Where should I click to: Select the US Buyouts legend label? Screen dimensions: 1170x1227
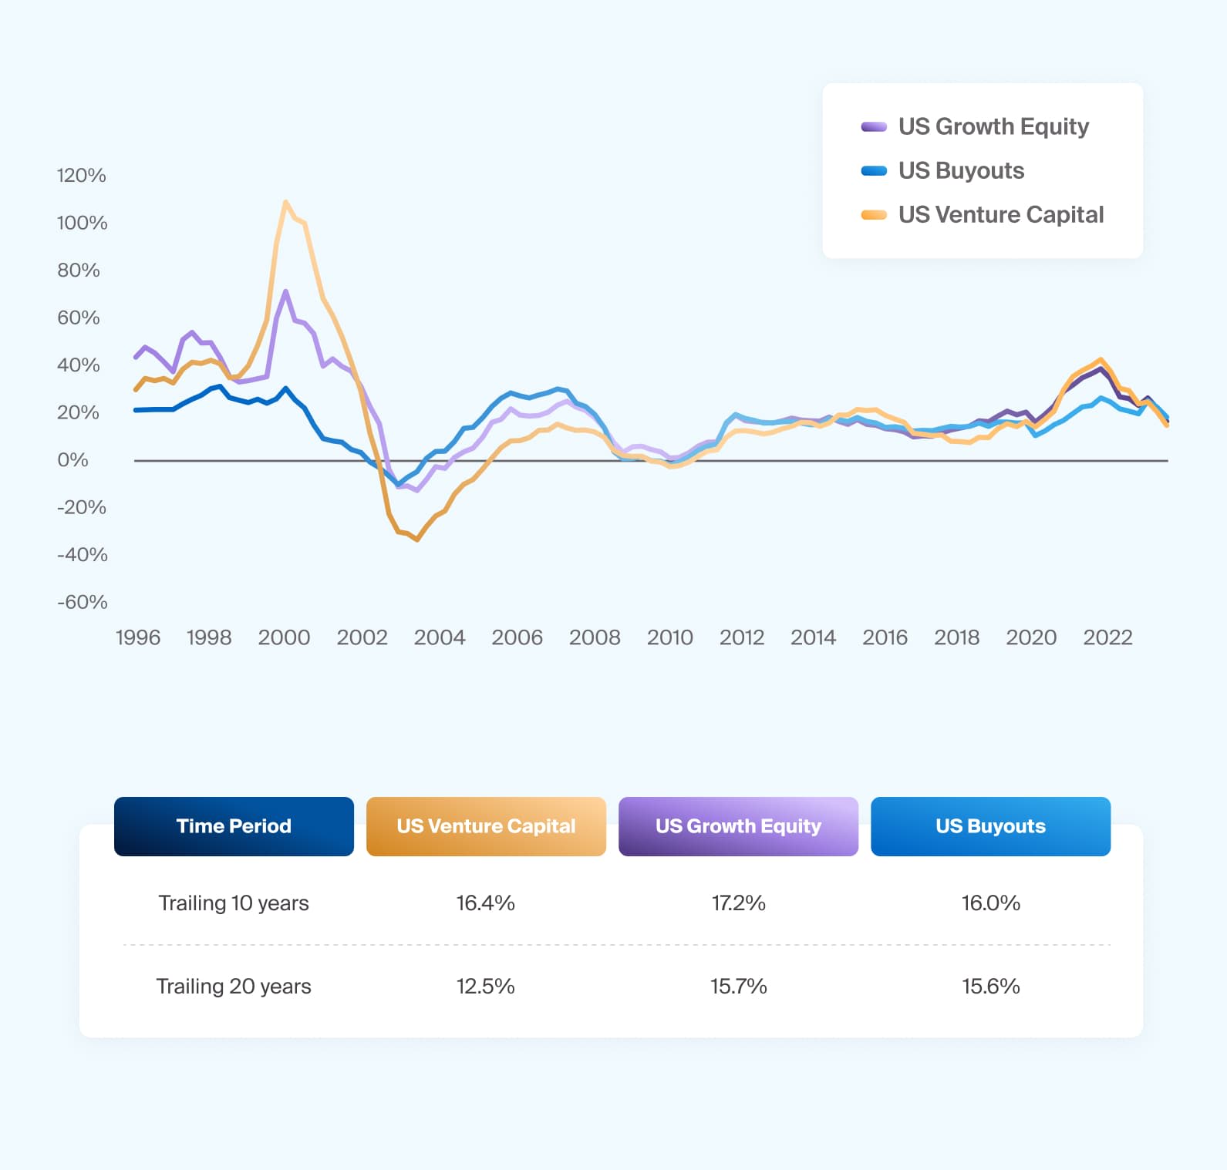pos(961,170)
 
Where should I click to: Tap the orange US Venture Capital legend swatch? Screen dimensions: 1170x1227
pos(874,215)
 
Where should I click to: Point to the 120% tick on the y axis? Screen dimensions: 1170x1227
pos(81,175)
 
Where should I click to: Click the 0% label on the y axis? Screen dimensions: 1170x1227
pos(72,460)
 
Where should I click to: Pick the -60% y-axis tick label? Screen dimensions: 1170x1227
pos(82,602)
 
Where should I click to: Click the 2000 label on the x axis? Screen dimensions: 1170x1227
pos(284,637)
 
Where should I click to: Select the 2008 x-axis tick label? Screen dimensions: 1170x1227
pos(594,637)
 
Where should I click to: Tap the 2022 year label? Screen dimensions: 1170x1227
pos(1107,637)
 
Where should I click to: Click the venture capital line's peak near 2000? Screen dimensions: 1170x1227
pos(285,202)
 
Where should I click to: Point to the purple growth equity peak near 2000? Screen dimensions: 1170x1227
pos(285,291)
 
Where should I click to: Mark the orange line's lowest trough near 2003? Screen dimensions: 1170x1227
pos(417,540)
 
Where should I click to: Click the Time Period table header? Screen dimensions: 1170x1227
pos(234,826)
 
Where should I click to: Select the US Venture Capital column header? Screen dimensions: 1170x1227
pos(486,826)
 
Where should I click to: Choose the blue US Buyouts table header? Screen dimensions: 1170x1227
pos(990,826)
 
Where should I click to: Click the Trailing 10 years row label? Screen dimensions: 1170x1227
pos(234,903)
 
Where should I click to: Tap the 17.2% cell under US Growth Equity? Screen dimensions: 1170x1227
pos(738,903)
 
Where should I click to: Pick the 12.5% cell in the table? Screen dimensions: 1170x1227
pos(485,986)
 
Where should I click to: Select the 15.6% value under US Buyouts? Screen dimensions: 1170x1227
pos(990,986)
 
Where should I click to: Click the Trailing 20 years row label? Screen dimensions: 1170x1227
pos(234,986)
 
